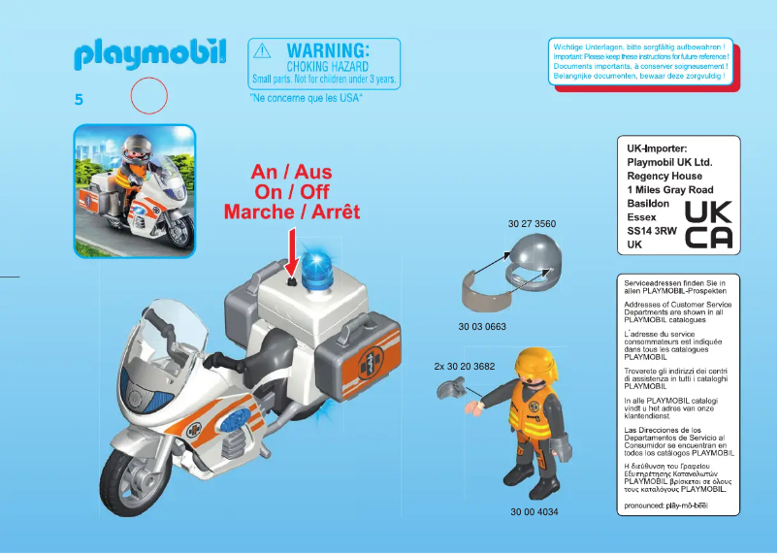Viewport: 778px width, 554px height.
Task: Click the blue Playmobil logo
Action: (x=149, y=54)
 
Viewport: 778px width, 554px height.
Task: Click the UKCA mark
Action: (x=708, y=225)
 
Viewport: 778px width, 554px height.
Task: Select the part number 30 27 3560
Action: (x=532, y=224)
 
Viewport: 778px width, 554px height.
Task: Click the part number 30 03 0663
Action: (x=482, y=326)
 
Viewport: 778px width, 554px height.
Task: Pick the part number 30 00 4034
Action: (x=535, y=511)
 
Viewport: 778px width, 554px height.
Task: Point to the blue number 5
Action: (x=79, y=99)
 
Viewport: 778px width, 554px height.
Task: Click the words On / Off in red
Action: (x=291, y=191)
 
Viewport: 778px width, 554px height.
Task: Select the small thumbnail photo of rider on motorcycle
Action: (x=135, y=191)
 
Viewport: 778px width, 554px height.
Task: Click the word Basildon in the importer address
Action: (x=648, y=205)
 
